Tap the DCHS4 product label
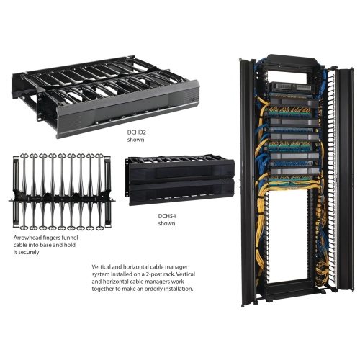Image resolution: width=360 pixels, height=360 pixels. pyautogui.click(x=167, y=216)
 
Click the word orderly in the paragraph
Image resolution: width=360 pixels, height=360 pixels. pyautogui.click(x=158, y=289)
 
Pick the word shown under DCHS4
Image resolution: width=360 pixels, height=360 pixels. pyautogui.click(x=166, y=224)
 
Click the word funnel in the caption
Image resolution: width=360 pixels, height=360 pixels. pyautogui.click(x=73, y=237)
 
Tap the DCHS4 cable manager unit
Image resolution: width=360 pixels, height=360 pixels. pyautogui.click(x=168, y=180)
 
